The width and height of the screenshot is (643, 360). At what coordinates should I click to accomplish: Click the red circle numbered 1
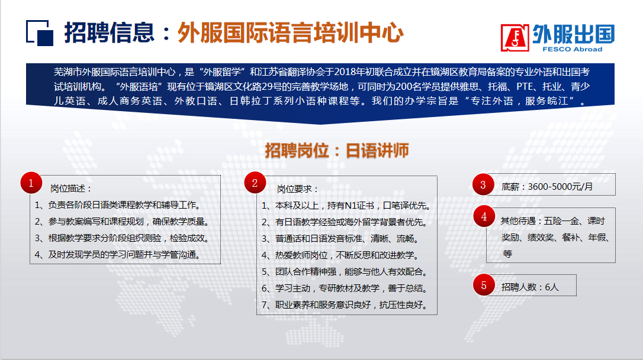point(31,183)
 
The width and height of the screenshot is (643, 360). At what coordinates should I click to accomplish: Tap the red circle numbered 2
point(255,183)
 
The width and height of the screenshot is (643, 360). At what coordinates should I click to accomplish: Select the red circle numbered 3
point(483,184)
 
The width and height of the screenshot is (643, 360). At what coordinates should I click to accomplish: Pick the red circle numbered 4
point(484,216)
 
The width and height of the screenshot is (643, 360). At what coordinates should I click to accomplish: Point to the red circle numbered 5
point(484,285)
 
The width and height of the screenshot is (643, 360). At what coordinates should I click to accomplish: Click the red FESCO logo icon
point(515,38)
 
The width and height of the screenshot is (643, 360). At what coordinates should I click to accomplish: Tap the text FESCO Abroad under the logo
point(573,49)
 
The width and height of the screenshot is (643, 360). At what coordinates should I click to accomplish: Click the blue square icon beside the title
point(40,33)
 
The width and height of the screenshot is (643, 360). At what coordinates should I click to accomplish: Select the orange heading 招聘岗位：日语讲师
point(337,151)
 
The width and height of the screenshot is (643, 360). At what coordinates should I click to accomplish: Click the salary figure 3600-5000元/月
point(560,187)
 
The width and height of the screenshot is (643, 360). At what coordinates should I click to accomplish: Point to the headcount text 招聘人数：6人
point(530,287)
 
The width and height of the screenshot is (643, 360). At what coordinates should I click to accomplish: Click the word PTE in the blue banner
point(525,86)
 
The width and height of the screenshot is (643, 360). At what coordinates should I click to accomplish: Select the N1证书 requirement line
point(346,206)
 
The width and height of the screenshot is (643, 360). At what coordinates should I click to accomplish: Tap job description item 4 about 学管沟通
point(118,255)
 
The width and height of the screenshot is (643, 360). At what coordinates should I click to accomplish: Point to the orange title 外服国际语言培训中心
point(290,33)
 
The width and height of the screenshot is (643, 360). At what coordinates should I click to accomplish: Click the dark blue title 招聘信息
point(109,33)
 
